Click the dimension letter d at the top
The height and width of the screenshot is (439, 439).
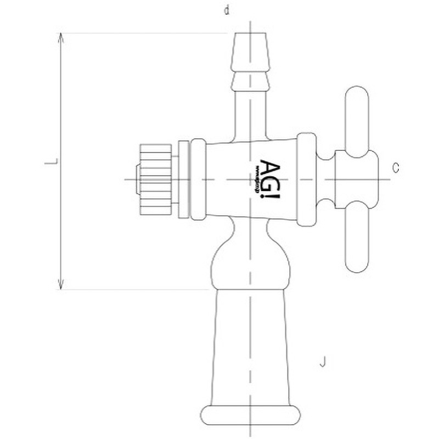[227, 10]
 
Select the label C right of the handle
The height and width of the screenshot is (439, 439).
[396, 168]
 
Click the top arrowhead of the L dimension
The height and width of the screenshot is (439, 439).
[61, 37]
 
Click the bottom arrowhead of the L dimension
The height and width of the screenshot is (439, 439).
[61, 284]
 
